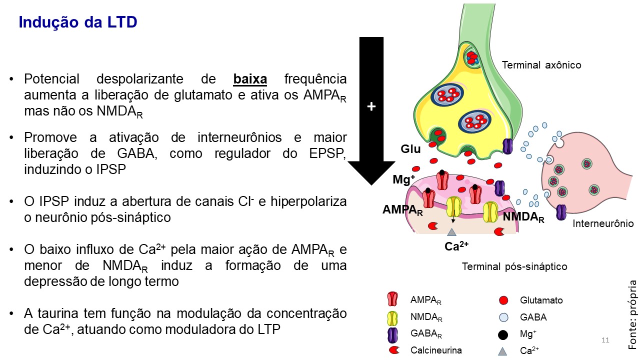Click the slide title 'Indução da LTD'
tap(77, 22)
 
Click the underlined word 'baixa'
tap(250, 79)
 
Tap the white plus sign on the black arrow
tap(371, 106)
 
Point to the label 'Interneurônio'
tap(603, 224)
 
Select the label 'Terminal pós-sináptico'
tap(514, 266)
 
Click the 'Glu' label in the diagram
tap(410, 149)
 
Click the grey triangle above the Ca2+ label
tap(452, 231)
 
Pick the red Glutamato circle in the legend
tap(503, 300)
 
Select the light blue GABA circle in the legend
tap(503, 317)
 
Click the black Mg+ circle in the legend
tap(503, 334)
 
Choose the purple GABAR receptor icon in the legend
tap(392, 334)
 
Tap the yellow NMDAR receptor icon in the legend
tap(392, 317)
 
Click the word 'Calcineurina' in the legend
tap(436, 350)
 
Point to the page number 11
tap(605, 340)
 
